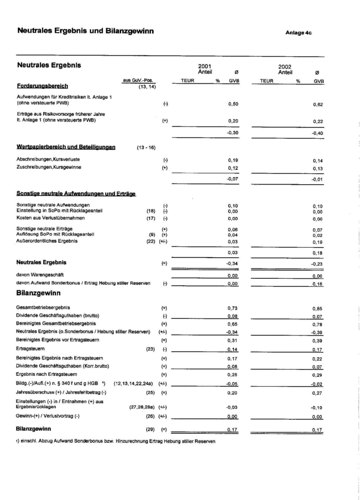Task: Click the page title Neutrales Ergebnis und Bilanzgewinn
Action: pyautogui.click(x=85, y=31)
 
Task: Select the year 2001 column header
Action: pyautogui.click(x=205, y=66)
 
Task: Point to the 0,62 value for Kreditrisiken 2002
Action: pyautogui.click(x=318, y=105)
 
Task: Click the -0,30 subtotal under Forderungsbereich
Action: pyautogui.click(x=232, y=133)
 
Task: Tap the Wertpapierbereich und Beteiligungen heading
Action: pyautogui.click(x=66, y=147)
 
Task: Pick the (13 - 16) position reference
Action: pyautogui.click(x=146, y=147)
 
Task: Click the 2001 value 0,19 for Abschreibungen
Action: pyautogui.click(x=233, y=160)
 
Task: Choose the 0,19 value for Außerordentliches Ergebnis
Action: pyautogui.click(x=318, y=241)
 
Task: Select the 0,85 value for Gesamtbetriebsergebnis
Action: pyautogui.click(x=318, y=308)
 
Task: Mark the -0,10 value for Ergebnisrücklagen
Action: pyautogui.click(x=317, y=407)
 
